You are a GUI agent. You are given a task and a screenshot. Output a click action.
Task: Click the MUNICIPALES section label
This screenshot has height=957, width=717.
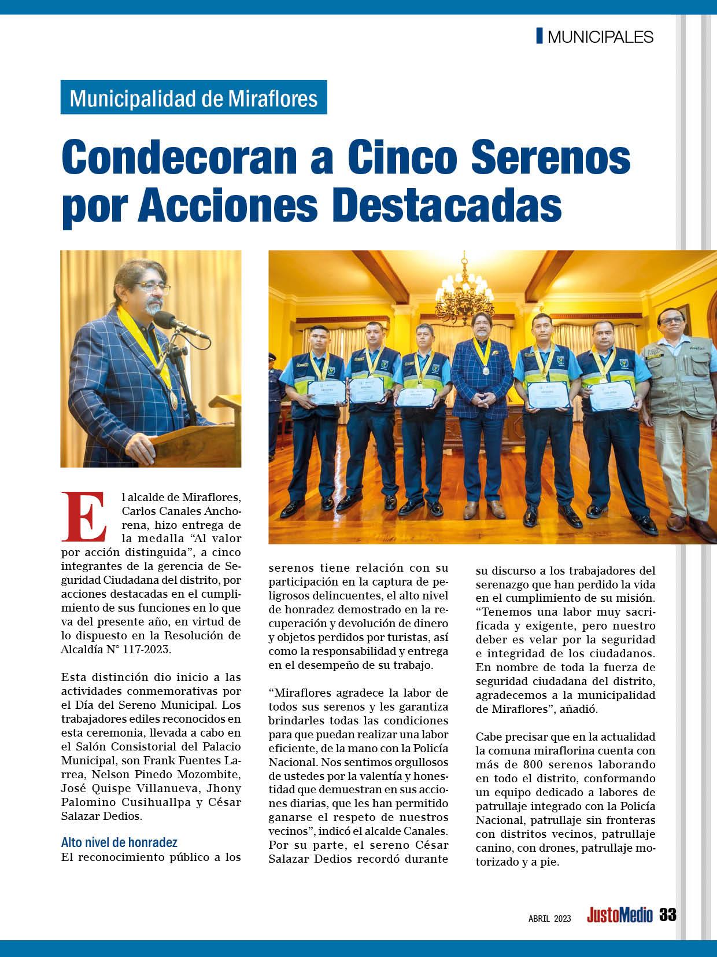pyautogui.click(x=600, y=37)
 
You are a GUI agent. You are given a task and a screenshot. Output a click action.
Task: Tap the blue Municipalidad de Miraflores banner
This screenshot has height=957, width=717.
pyautogui.click(x=194, y=98)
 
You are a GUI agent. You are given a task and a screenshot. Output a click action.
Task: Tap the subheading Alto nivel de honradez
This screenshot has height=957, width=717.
pyautogui.click(x=119, y=842)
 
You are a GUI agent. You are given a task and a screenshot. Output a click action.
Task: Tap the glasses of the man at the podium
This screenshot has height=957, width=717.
pyautogui.click(x=151, y=289)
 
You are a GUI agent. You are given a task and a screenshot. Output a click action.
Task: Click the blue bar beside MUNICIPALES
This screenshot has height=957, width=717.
pyautogui.click(x=539, y=36)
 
